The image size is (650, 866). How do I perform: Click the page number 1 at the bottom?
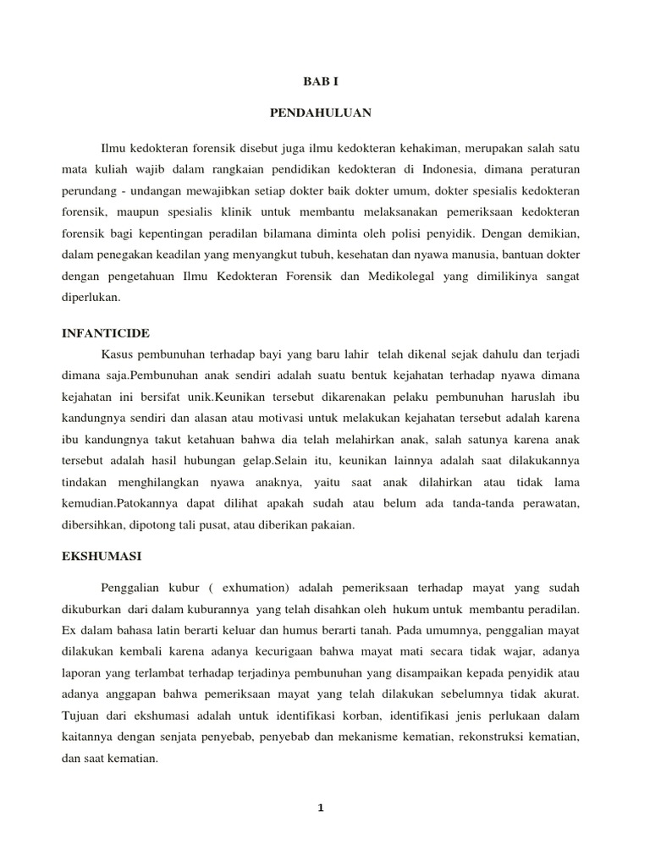[x=320, y=808]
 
